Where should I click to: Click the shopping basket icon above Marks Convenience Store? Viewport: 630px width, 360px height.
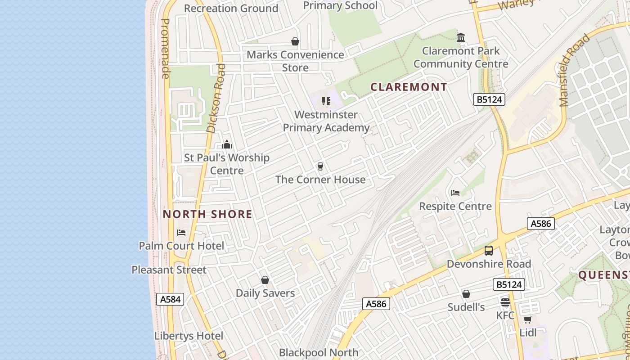(295, 42)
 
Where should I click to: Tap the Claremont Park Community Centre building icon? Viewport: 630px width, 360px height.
(461, 38)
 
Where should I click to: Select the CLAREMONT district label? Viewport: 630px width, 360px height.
(409, 87)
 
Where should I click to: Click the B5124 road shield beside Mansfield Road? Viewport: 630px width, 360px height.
(489, 99)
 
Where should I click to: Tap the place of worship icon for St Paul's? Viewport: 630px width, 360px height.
(227, 144)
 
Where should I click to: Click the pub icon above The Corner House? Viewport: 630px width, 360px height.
(320, 166)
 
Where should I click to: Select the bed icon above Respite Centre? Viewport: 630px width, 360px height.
(455, 193)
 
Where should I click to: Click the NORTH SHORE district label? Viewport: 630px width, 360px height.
(207, 214)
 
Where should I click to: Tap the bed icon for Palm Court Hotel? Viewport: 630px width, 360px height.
(181, 233)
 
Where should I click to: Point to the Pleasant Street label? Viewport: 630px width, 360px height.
(169, 270)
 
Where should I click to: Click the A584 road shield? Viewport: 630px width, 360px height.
(170, 299)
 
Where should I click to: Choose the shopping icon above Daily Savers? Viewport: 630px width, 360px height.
(265, 280)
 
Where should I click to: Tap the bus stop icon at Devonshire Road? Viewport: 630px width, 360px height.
(489, 251)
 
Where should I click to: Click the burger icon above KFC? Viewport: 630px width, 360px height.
(505, 302)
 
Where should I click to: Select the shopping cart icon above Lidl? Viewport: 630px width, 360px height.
(527, 319)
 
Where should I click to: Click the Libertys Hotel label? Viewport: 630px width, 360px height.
(189, 336)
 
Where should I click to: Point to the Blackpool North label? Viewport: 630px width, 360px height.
(319, 352)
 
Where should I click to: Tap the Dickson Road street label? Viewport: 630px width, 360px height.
(216, 98)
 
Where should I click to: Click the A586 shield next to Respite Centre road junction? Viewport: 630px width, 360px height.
(540, 224)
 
